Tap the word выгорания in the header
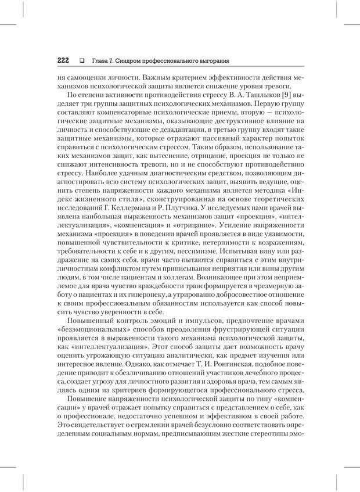click(x=210, y=60)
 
